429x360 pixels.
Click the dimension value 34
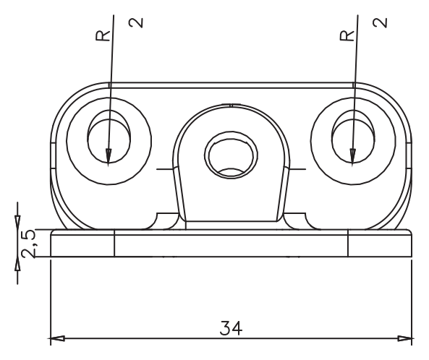coord(231,328)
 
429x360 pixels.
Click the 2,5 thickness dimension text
coord(28,244)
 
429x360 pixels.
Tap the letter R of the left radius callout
coord(102,36)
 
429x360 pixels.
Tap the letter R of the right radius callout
coord(347,36)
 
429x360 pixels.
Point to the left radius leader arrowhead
coord(109,157)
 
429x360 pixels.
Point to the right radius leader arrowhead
coord(352,157)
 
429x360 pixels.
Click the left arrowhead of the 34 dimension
coord(57,339)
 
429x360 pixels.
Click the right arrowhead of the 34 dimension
coord(404,339)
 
